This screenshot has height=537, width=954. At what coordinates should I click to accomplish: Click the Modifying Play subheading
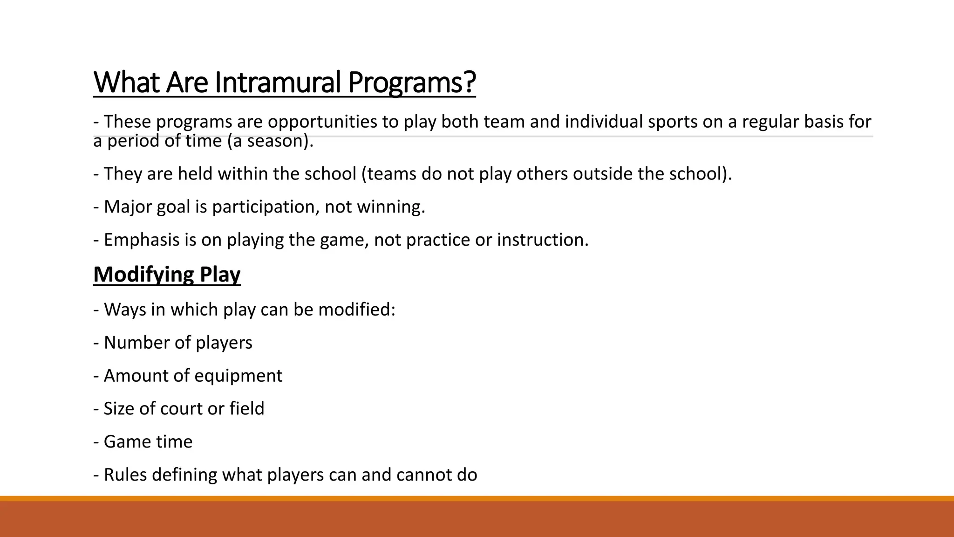(167, 274)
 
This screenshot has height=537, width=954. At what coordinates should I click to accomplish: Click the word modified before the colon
(354, 310)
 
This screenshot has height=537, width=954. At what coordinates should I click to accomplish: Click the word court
(181, 409)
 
